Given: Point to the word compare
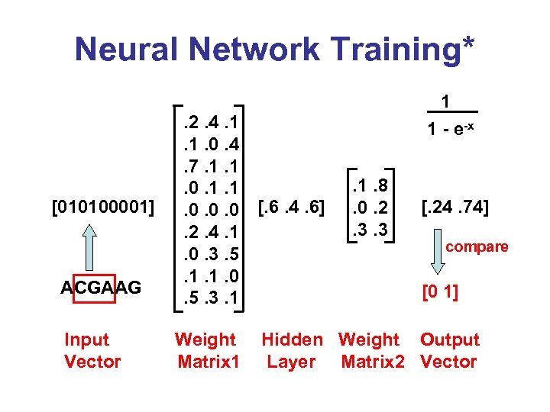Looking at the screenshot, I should (477, 246).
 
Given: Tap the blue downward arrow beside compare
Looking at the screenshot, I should (438, 257).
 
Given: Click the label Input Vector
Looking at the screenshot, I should (92, 351).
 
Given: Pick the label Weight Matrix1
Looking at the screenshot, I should (206, 351).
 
